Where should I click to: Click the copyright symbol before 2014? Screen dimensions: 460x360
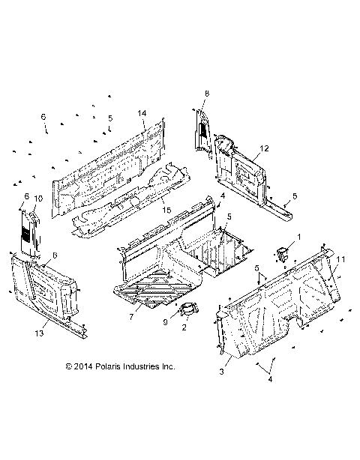point(68,366)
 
